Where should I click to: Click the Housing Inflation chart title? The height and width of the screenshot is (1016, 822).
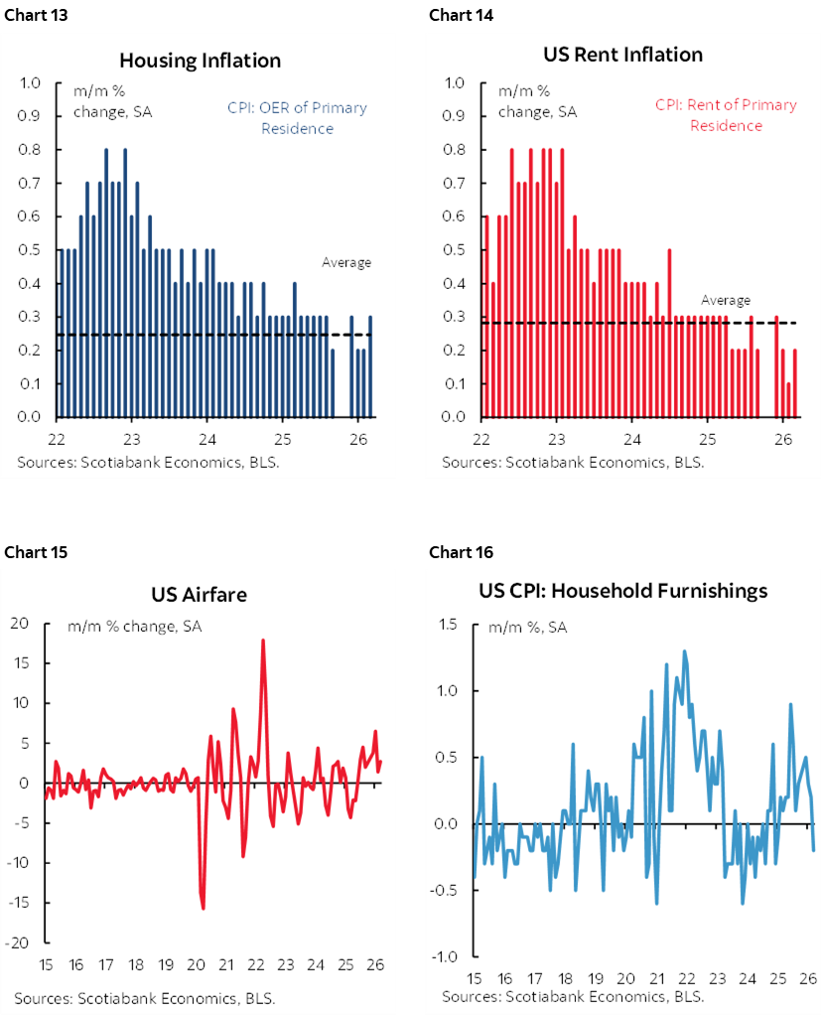[x=200, y=61]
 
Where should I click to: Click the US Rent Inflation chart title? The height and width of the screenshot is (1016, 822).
[x=622, y=54]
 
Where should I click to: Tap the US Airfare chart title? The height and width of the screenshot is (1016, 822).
[x=199, y=595]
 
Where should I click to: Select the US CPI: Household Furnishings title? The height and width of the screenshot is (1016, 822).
[x=620, y=591]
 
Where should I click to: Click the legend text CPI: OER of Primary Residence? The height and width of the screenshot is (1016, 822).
[x=297, y=117]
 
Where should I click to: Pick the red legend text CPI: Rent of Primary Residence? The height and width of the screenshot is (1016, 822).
[x=726, y=115]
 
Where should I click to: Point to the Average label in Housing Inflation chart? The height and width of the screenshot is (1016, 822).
[x=345, y=263]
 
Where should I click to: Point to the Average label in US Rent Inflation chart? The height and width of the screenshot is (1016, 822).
[x=726, y=300]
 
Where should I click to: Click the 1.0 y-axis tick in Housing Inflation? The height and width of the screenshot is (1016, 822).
[x=31, y=83]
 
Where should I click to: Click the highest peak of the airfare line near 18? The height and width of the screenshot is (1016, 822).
[x=263, y=640]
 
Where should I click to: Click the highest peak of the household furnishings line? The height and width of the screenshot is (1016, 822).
[x=684, y=652]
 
